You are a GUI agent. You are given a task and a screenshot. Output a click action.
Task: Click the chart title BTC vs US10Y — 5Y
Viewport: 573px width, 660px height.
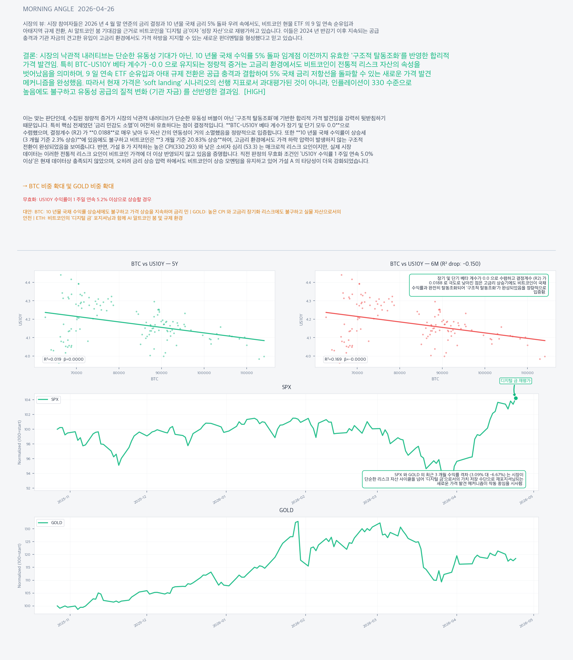(x=154, y=264)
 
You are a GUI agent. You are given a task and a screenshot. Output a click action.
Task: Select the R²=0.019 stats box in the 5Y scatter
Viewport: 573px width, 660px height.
(x=64, y=359)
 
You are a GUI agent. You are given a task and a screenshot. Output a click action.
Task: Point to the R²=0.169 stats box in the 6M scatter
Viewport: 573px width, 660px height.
(x=345, y=359)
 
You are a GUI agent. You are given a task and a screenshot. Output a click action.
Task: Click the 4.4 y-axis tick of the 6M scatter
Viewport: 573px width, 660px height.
(x=308, y=283)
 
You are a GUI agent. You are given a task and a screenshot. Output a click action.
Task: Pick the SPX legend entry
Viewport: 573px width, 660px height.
(x=49, y=399)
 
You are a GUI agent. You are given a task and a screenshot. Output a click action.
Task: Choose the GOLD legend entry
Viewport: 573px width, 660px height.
(x=50, y=523)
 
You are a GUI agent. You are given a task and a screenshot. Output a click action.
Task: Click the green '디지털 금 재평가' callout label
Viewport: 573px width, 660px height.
(x=515, y=381)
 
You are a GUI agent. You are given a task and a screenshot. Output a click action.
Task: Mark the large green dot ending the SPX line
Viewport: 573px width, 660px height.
(x=516, y=398)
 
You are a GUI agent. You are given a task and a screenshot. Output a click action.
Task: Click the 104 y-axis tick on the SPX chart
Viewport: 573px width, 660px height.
(x=27, y=400)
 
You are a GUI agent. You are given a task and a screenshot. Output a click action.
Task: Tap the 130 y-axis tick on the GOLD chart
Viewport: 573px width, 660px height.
(x=27, y=529)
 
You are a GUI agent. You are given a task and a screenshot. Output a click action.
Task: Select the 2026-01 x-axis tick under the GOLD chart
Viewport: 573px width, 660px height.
(x=219, y=623)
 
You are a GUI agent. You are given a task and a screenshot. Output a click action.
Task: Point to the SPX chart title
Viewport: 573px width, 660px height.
(x=286, y=387)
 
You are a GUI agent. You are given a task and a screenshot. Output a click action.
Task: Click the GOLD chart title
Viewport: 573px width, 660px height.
(x=286, y=510)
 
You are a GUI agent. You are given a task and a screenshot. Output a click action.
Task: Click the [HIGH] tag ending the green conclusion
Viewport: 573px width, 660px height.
(x=255, y=92)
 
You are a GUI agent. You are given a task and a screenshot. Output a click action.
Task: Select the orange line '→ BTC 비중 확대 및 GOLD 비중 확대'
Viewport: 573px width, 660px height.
(x=68, y=186)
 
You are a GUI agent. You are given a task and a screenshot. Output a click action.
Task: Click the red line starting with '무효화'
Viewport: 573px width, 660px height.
(x=87, y=199)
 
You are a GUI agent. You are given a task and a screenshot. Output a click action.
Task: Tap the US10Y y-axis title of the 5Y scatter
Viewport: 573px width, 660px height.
(x=20, y=319)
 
